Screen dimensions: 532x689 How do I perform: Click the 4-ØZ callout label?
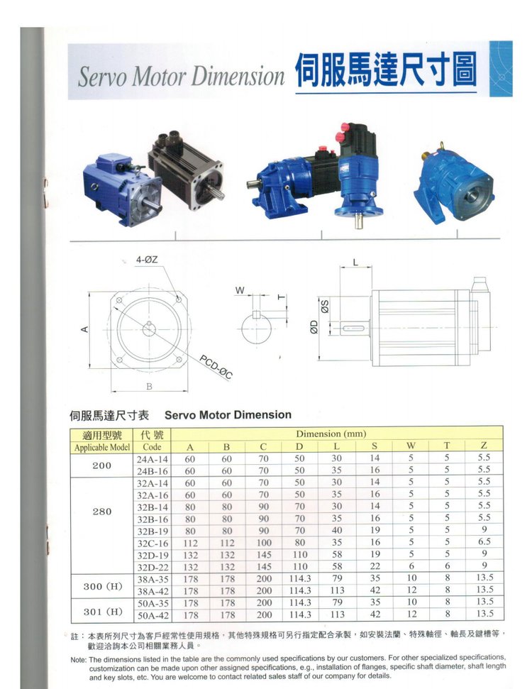coord(147,260)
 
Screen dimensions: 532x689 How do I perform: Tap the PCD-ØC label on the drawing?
coord(216,366)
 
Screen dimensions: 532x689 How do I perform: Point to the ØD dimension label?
coord(314,327)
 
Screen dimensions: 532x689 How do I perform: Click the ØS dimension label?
coord(325,306)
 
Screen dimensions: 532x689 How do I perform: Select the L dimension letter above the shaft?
coord(355,263)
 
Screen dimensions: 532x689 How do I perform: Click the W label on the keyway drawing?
coord(240,290)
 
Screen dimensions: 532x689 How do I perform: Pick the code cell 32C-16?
coord(153,543)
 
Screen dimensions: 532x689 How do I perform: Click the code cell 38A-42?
coord(153,591)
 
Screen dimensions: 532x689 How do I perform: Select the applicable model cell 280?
coord(102,512)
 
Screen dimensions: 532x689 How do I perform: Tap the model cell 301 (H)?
coord(103,612)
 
